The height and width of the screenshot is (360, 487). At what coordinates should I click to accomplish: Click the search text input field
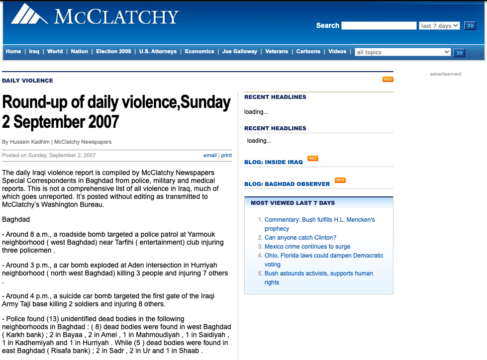379,26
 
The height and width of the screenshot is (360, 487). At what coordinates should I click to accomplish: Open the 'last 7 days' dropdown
439,26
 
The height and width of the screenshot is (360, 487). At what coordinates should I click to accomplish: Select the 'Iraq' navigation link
34,52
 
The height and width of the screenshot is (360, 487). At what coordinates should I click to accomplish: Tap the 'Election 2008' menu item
113,52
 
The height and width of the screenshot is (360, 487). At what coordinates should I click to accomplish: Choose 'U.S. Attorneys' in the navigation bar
158,52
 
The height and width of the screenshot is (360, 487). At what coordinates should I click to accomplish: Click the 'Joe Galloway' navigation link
240,52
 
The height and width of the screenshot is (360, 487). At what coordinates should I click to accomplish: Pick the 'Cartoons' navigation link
308,52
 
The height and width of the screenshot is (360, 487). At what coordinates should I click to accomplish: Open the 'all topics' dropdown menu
402,52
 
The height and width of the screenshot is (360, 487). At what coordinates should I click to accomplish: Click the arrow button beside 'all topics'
459,53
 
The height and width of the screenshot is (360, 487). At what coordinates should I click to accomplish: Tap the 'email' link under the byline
210,155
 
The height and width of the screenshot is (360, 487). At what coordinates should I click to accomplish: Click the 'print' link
226,155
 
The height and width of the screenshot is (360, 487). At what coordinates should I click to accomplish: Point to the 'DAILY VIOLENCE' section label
27,81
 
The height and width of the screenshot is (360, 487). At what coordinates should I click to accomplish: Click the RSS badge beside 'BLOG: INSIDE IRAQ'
312,159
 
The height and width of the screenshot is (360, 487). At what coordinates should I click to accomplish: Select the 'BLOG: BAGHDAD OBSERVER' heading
287,184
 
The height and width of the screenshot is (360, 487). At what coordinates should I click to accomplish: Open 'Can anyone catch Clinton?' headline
300,238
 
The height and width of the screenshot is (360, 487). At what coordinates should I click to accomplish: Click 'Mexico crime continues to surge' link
307,247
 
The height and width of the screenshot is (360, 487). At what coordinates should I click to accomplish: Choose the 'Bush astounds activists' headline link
318,273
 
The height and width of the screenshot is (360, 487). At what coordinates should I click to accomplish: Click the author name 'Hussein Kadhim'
26,142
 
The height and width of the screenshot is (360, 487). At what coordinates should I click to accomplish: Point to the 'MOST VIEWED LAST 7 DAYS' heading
292,203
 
